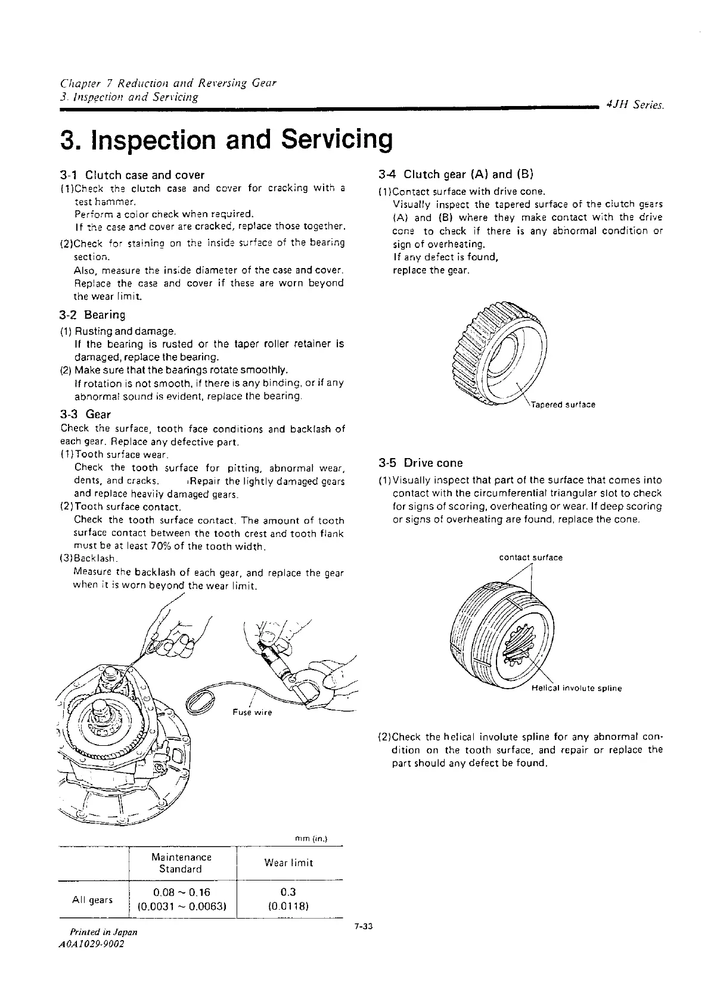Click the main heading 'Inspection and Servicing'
tap(227, 139)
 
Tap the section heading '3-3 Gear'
tap(86, 413)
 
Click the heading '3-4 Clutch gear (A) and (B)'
tap(456, 175)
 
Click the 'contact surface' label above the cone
tap(530, 558)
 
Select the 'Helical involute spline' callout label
tap(576, 689)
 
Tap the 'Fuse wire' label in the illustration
tap(253, 712)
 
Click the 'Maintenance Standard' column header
tap(181, 863)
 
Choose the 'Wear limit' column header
tap(288, 863)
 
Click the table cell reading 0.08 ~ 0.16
tap(181, 892)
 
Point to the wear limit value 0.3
tap(288, 892)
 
